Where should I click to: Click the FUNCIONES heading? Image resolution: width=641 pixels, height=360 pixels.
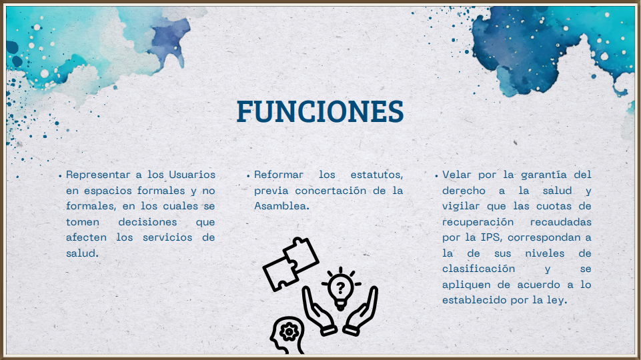pyautogui.click(x=320, y=111)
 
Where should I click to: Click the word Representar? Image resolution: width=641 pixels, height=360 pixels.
pyautogui.click(x=98, y=175)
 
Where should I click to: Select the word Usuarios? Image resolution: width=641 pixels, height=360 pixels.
pyautogui.click(x=192, y=175)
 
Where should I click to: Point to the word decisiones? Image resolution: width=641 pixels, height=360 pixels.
pyautogui.click(x=147, y=222)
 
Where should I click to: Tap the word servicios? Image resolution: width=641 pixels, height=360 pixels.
pyautogui.click(x=167, y=237)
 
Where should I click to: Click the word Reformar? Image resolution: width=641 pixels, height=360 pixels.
pyautogui.click(x=279, y=175)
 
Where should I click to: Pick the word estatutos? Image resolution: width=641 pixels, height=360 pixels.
pyautogui.click(x=377, y=175)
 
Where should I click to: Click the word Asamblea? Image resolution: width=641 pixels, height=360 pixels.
pyautogui.click(x=281, y=206)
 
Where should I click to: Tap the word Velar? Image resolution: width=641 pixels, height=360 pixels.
pyautogui.click(x=456, y=175)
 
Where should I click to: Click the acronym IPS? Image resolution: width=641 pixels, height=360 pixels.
pyautogui.click(x=491, y=237)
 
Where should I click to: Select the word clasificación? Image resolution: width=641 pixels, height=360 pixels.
pyautogui.click(x=479, y=269)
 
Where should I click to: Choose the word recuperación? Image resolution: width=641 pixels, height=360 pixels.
pyautogui.click(x=478, y=222)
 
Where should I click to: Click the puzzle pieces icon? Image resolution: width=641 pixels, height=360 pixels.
pyautogui.click(x=291, y=263)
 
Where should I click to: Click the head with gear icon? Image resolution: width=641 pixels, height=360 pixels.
pyautogui.click(x=287, y=336)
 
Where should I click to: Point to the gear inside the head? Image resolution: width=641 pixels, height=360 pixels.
pyautogui.click(x=289, y=331)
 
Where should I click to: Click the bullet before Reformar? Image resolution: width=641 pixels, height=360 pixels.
pyautogui.click(x=248, y=176)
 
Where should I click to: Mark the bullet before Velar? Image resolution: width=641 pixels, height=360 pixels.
pyautogui.click(x=436, y=176)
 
